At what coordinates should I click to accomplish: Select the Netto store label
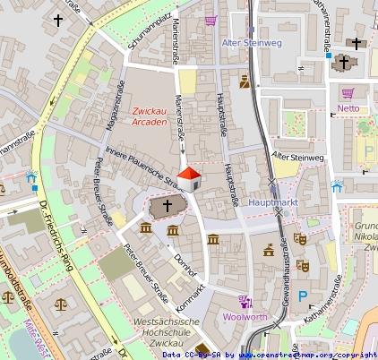click(348, 108)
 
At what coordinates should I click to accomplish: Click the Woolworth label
click(244, 317)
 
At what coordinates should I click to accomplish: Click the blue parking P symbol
click(303, 296)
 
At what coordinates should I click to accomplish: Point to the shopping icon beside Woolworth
click(244, 301)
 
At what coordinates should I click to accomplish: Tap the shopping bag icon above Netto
click(348, 92)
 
